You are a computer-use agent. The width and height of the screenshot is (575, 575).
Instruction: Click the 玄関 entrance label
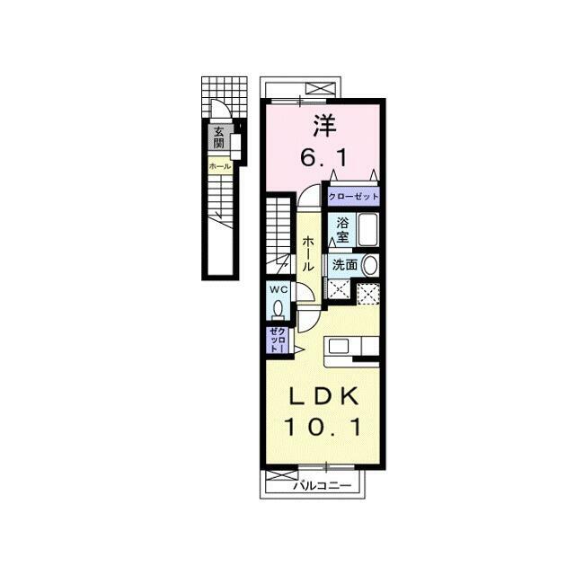tap(219, 137)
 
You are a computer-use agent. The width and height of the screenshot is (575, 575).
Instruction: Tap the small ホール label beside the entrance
tap(220, 166)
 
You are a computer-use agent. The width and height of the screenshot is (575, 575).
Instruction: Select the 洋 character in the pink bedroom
tap(324, 126)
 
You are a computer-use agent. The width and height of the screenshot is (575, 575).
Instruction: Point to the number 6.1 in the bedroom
tap(323, 159)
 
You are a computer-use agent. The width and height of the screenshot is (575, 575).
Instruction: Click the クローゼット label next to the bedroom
tap(353, 197)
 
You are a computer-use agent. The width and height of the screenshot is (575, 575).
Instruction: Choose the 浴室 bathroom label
tap(342, 230)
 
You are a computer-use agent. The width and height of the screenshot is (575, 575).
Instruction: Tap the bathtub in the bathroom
tap(368, 230)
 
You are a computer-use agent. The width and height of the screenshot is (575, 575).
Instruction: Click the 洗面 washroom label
tap(345, 264)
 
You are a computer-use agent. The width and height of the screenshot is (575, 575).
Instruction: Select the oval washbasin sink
tap(369, 265)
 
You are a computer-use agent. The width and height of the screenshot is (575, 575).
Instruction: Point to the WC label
tap(279, 289)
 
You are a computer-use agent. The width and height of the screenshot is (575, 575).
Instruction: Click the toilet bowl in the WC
tap(279, 309)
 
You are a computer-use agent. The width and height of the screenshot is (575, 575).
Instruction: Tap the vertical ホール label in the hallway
tap(308, 253)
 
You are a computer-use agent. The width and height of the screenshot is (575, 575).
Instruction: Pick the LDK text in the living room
tap(324, 396)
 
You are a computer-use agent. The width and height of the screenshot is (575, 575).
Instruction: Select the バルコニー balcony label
tap(323, 486)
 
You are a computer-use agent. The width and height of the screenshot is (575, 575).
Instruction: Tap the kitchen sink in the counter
tap(338, 346)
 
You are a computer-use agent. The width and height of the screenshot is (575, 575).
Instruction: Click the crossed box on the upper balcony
tap(320, 90)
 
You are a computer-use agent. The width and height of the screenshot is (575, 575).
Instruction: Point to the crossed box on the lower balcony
tap(281, 475)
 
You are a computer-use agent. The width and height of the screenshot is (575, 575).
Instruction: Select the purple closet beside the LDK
tap(279, 340)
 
